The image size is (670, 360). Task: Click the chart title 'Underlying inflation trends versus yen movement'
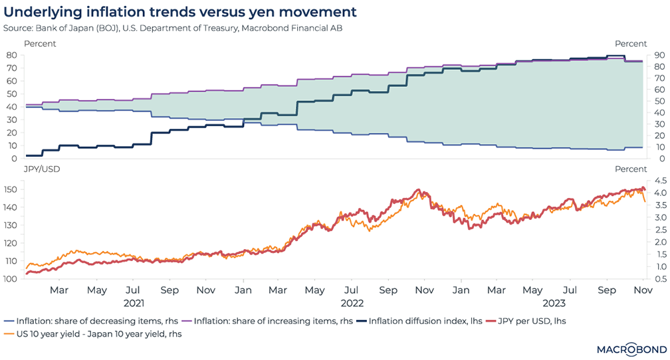click(x=180, y=12)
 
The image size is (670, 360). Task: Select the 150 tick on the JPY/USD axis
click(x=9, y=190)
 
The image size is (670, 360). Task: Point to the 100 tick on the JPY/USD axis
click(x=9, y=278)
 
